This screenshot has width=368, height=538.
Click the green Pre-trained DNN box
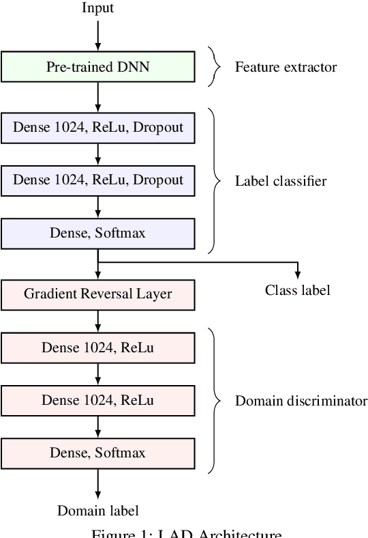tap(98, 67)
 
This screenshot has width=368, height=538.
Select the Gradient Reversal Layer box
tap(98, 294)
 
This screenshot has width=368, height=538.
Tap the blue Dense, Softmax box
tap(98, 233)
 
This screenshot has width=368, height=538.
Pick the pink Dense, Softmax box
tap(98, 453)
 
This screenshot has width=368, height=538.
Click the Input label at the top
tap(98, 8)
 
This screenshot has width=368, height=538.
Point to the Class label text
tap(297, 290)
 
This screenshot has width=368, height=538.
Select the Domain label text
tap(98, 511)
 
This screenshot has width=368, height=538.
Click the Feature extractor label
tap(286, 67)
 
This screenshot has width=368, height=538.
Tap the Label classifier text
tap(281, 181)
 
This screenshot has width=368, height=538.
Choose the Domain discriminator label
tap(301, 401)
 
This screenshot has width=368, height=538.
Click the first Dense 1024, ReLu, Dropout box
tap(98, 127)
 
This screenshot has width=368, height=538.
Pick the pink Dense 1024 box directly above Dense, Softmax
tap(98, 401)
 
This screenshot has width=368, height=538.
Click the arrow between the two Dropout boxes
tap(98, 154)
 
